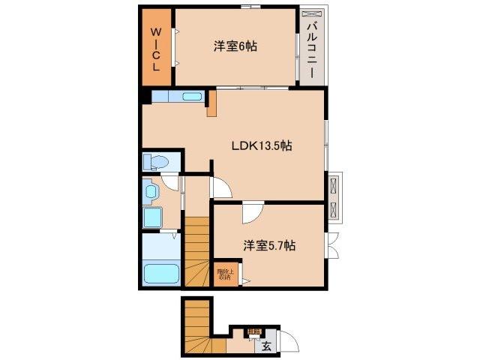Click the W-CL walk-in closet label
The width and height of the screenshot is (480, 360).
pyautogui.click(x=157, y=49)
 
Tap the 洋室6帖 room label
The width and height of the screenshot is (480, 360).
pyautogui.click(x=235, y=46)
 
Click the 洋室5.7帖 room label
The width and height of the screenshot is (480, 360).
pyautogui.click(x=268, y=244)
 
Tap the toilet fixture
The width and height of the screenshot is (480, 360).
pyautogui.click(x=158, y=162)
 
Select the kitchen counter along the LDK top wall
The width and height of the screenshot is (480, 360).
pyautogui.click(x=177, y=97)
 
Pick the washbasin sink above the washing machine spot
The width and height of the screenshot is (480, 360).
pyautogui.click(x=151, y=193)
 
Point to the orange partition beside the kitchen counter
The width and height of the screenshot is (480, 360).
pyautogui.click(x=212, y=103)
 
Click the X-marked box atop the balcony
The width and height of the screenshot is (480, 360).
pyautogui.click(x=311, y=16)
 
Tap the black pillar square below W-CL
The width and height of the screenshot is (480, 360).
pyautogui.click(x=145, y=96)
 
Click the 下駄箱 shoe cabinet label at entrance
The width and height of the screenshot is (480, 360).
pyautogui.click(x=255, y=331)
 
